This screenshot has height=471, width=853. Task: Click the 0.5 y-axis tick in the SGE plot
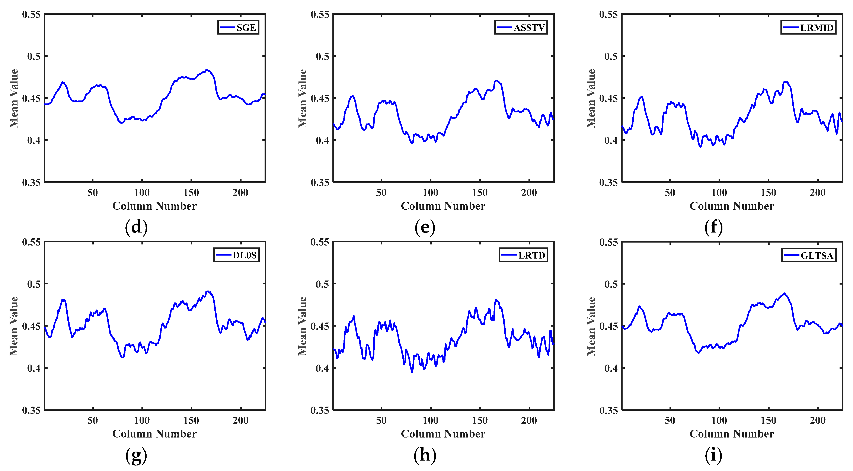click(x=33, y=56)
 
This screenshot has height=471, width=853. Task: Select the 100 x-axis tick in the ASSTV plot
click(x=431, y=193)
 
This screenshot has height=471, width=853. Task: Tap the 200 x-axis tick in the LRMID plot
click(x=818, y=193)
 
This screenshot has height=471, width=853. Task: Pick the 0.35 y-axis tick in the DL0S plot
click(x=31, y=410)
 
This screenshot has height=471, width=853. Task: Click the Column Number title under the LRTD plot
click(x=443, y=434)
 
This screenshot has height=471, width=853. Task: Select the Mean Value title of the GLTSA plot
click(x=591, y=326)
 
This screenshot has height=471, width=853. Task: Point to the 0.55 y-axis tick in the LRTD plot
click(x=320, y=242)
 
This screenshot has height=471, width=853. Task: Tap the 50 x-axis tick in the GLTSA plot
click(x=670, y=420)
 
